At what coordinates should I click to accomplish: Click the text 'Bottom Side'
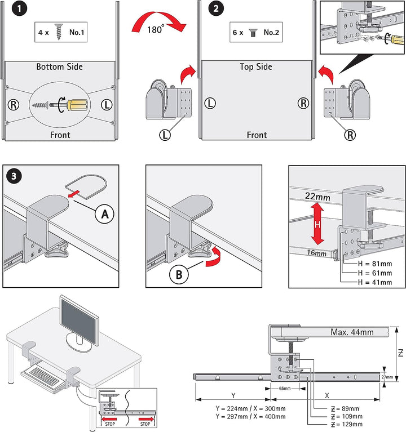point(59,66)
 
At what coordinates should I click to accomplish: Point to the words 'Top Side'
point(257,66)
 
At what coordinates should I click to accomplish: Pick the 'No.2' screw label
point(272,32)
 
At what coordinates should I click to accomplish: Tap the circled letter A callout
point(105,214)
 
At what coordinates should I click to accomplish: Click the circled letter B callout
point(178,275)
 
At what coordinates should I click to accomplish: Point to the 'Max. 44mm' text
point(352,332)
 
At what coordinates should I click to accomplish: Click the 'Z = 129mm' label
point(346,424)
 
